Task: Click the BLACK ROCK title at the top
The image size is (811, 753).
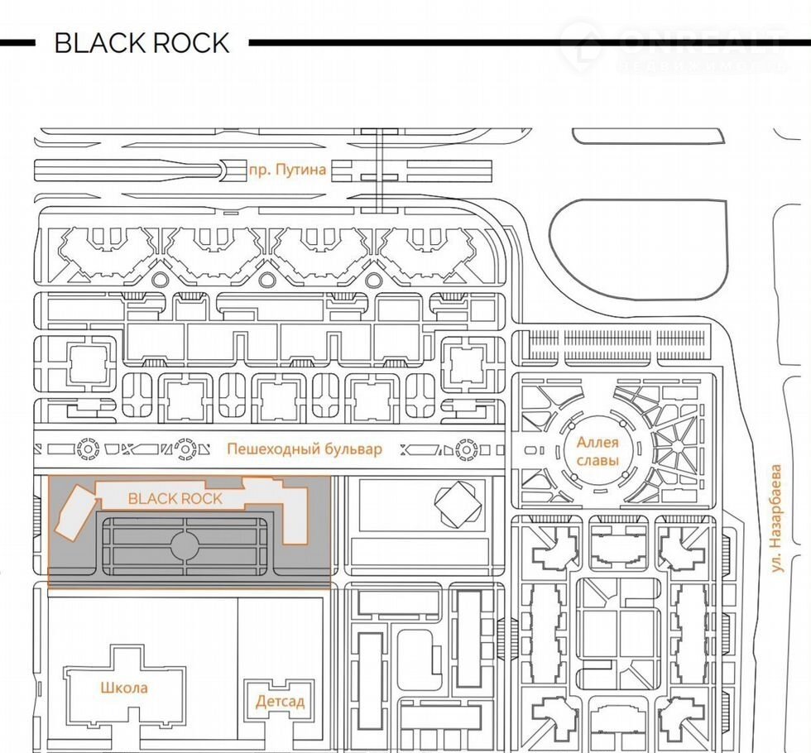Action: pyautogui.click(x=142, y=43)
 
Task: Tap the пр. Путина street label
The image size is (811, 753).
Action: pyautogui.click(x=287, y=170)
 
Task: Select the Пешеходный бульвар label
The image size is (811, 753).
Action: pyautogui.click(x=305, y=449)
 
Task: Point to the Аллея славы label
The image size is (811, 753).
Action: pyautogui.click(x=597, y=452)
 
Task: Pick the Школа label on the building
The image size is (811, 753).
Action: pyautogui.click(x=124, y=688)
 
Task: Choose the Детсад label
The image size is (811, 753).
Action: pyautogui.click(x=280, y=702)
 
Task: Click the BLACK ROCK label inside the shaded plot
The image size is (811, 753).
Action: pyautogui.click(x=175, y=498)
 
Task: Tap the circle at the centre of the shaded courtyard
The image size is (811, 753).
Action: pyautogui.click(x=184, y=544)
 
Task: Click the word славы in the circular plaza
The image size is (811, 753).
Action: pyautogui.click(x=597, y=460)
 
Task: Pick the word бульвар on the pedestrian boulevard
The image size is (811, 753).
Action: pyautogui.click(x=353, y=449)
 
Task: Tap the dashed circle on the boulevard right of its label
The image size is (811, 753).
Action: pyautogui.click(x=466, y=449)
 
